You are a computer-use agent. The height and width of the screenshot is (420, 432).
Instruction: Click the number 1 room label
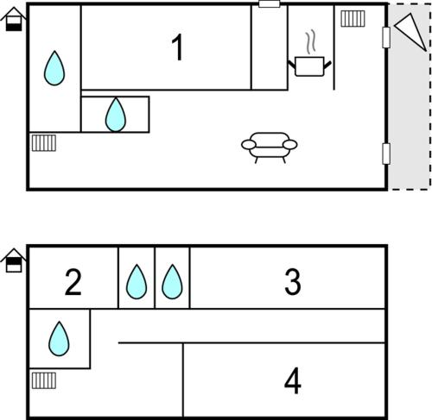178,47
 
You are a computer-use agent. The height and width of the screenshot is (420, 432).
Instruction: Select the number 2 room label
73,282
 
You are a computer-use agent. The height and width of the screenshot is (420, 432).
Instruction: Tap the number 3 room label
293,282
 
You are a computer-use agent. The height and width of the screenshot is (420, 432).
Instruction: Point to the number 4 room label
293,381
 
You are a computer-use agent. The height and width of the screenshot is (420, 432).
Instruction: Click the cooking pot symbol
309,66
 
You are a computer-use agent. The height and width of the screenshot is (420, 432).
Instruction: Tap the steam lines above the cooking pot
310,42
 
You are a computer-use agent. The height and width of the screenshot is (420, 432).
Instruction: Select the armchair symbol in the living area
270,147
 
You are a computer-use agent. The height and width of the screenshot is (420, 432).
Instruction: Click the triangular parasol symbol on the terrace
410,32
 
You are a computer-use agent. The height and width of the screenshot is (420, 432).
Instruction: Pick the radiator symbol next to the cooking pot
353,19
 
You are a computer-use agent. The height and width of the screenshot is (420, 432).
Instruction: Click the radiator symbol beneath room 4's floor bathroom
44,380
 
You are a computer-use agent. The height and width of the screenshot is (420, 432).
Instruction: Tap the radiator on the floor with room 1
44,143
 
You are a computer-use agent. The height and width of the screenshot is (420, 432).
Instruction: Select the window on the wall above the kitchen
270,4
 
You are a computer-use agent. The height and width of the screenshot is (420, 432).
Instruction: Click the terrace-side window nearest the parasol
386,38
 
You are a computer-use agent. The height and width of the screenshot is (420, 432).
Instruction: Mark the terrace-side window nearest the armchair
386,154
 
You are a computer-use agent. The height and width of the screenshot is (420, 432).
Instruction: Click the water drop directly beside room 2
137,282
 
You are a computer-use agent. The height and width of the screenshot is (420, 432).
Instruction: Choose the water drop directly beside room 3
172,282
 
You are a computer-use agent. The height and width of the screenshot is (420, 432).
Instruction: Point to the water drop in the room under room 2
59,339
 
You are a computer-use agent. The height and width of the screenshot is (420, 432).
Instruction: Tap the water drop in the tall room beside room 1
54,68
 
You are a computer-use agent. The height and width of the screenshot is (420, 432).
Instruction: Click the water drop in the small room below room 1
116,115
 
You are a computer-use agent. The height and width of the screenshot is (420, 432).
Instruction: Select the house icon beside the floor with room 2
14,260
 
